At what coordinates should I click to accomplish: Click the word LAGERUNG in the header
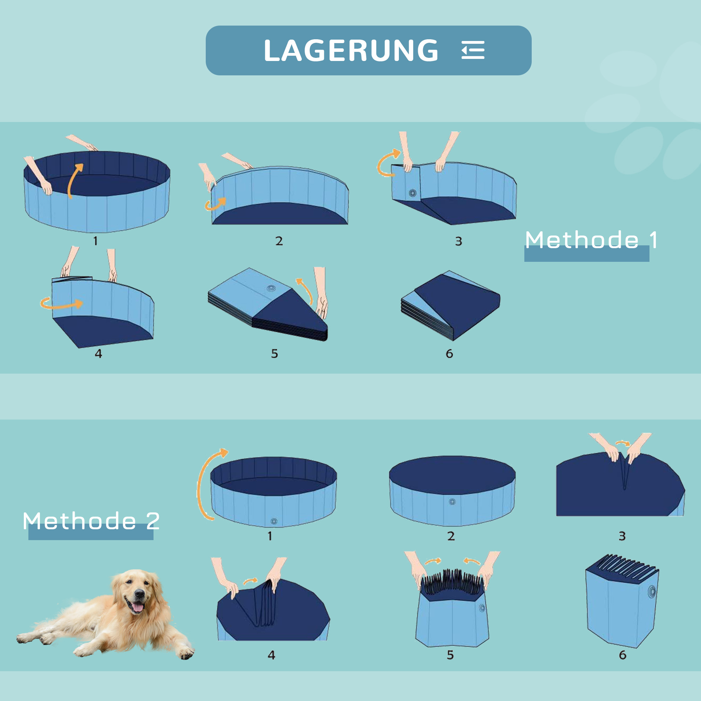point(351,50)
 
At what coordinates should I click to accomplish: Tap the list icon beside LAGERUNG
point(473,50)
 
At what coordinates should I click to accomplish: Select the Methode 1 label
point(591,240)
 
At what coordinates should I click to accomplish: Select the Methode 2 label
point(91,522)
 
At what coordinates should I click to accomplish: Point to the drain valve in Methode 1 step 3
point(413,193)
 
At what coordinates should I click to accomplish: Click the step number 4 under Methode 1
point(98,354)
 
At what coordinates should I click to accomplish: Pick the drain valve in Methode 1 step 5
point(271,288)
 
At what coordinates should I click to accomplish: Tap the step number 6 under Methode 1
point(449,354)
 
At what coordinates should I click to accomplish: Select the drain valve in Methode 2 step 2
point(452,502)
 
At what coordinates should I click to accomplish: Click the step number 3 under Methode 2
point(622,536)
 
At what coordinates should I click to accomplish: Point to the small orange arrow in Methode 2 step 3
point(623,443)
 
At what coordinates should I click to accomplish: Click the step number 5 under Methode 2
point(450,655)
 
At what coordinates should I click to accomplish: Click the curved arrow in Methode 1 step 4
point(62,303)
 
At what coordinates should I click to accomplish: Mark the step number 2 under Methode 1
point(279,241)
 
